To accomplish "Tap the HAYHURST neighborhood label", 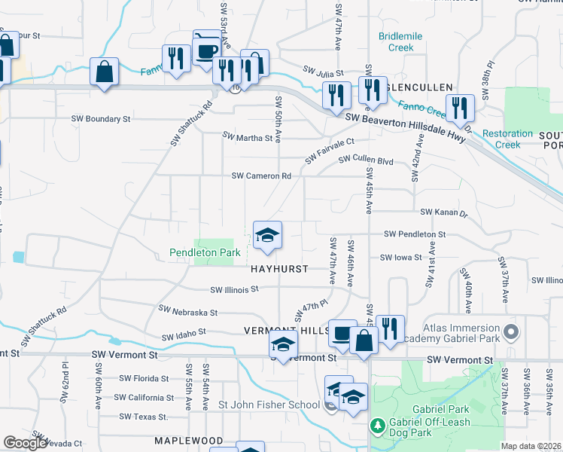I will [x=279, y=269].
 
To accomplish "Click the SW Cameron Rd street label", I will [x=261, y=176].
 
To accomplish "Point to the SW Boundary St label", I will [x=101, y=119].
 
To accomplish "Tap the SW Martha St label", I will [x=248, y=138].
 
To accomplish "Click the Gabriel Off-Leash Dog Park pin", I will [x=379, y=426].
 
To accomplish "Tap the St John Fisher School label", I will [x=269, y=405].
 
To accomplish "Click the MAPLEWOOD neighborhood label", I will [x=189, y=440].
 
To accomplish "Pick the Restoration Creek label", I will [x=507, y=139].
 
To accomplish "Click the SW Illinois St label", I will [x=234, y=289].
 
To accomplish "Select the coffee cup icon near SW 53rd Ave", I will [x=206, y=50].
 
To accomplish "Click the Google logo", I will [x=25, y=443].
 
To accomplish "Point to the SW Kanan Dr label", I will [x=444, y=213].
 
